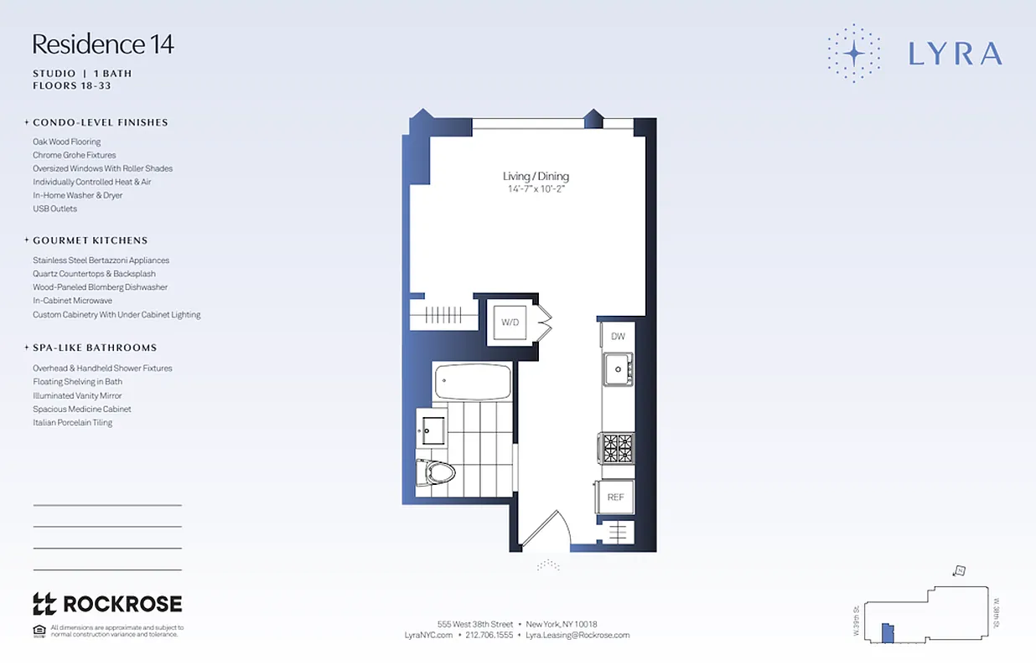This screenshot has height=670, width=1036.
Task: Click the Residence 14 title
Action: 103,44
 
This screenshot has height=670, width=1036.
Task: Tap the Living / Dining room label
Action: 536,176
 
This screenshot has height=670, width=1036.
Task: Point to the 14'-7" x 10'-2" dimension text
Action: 536,189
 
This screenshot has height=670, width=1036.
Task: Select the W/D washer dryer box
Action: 509,322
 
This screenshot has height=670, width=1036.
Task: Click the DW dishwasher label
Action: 618,337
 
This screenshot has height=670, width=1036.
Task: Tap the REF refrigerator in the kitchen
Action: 615,497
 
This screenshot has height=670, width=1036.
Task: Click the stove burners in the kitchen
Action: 616,448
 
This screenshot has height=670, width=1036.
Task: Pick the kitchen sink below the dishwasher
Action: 619,368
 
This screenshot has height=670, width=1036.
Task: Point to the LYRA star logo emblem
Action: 853,54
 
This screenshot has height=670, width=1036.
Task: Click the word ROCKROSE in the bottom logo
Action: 122,604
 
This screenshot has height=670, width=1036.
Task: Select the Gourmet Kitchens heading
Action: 91,240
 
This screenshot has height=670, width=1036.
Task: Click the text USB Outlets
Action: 54,209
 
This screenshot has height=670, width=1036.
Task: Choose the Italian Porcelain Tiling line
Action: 72,423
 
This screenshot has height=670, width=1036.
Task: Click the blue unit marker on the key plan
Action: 888,633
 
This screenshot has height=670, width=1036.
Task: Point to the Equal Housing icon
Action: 39,631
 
